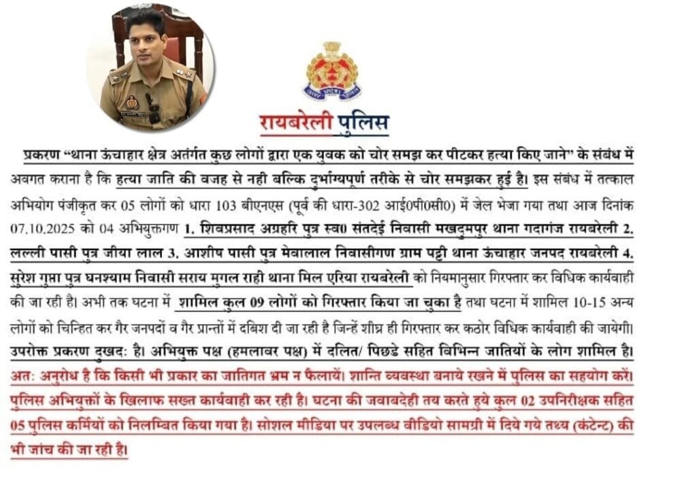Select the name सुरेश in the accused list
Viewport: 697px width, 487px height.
pyautogui.click(x=28, y=278)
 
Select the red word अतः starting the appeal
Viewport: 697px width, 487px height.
pyautogui.click(x=25, y=376)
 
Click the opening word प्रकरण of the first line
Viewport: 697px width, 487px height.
pyautogui.click(x=40, y=156)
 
